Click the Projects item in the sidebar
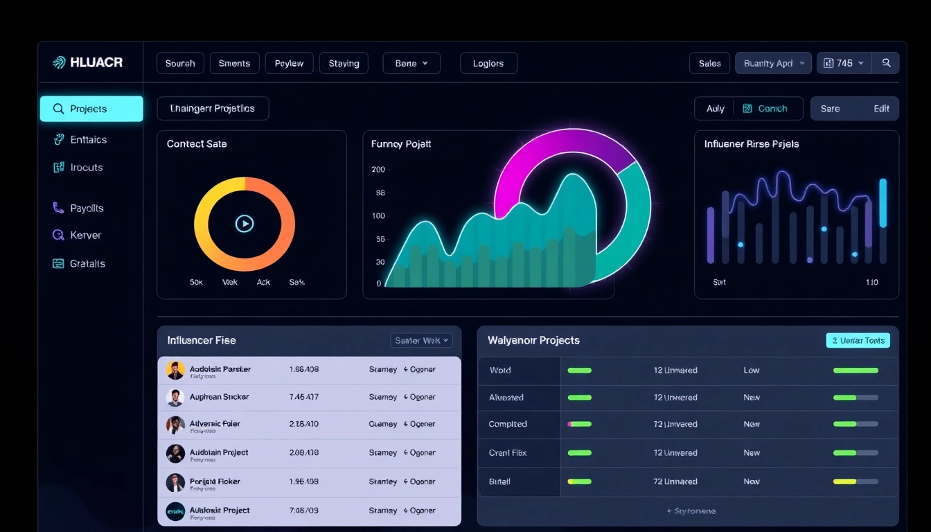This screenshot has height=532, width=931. (x=91, y=109)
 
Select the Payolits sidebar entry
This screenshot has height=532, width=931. (x=86, y=208)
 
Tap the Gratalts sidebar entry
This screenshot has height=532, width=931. (x=87, y=263)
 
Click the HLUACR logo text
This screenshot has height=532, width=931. (x=96, y=62)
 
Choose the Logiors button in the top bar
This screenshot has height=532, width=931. (x=488, y=63)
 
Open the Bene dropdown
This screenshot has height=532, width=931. (x=411, y=63)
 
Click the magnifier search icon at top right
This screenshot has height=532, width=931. (x=886, y=63)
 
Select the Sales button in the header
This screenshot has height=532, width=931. (x=709, y=63)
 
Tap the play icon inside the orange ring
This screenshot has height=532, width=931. (x=245, y=223)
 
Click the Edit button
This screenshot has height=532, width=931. (x=881, y=109)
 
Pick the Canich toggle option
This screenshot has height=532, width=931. (x=767, y=109)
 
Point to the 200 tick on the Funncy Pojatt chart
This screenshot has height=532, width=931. (x=378, y=169)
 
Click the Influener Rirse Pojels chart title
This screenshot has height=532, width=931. (x=751, y=144)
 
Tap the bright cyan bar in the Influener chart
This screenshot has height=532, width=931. (x=883, y=203)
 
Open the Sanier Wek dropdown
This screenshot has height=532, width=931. (x=422, y=340)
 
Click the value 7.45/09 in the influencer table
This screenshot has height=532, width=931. (x=303, y=511)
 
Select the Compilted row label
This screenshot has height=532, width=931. (x=508, y=424)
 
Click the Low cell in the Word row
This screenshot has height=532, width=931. (x=752, y=370)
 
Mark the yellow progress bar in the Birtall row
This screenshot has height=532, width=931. (x=844, y=481)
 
